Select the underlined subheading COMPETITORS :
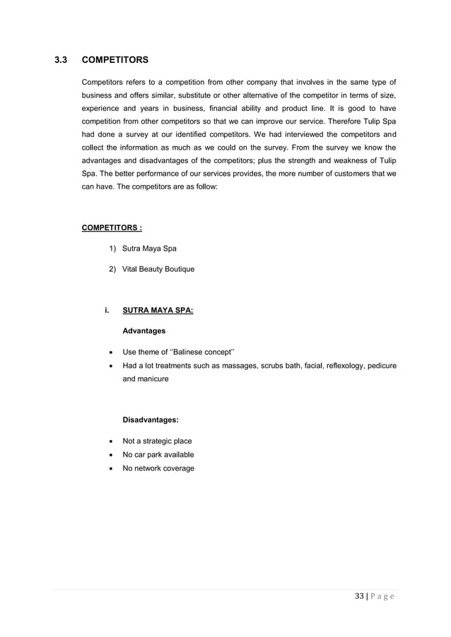click(x=112, y=227)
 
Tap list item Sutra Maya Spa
click(x=149, y=249)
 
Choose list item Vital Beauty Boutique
click(x=158, y=269)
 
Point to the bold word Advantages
click(x=144, y=331)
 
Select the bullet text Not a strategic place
click(x=157, y=441)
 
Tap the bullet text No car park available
click(x=158, y=455)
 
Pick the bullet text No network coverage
click(x=158, y=468)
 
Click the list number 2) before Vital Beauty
click(x=113, y=269)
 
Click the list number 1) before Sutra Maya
click(x=113, y=249)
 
